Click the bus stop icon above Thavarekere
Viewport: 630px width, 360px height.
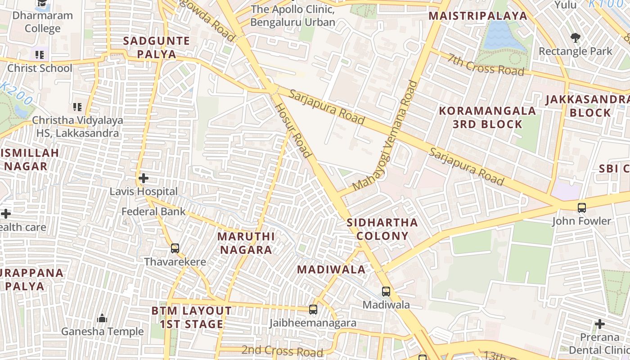[x=175, y=248]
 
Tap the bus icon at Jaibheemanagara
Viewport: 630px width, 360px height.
[x=313, y=310]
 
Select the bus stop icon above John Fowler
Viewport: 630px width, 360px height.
[x=582, y=207]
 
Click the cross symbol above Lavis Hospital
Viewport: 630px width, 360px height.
[x=144, y=178]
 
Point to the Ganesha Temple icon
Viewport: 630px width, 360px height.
[x=102, y=318]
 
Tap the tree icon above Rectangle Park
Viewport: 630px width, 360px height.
[x=575, y=37]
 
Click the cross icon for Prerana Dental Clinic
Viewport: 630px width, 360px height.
[x=600, y=324]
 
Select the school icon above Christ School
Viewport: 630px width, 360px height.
[x=40, y=55]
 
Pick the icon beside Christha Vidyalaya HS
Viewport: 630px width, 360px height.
[x=77, y=107]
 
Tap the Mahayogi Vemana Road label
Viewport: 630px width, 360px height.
[x=386, y=135]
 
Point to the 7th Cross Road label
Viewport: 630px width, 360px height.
[x=486, y=64]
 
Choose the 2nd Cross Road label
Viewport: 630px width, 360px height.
[x=282, y=351]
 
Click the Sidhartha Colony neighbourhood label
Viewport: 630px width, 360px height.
[x=382, y=229]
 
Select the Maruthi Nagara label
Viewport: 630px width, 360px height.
[x=245, y=243]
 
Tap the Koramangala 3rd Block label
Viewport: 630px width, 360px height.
[x=487, y=117]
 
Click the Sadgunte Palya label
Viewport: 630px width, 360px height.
[x=156, y=47]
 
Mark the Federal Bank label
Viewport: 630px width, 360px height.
[x=153, y=211]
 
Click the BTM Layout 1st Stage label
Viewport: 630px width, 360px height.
[x=192, y=317]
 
